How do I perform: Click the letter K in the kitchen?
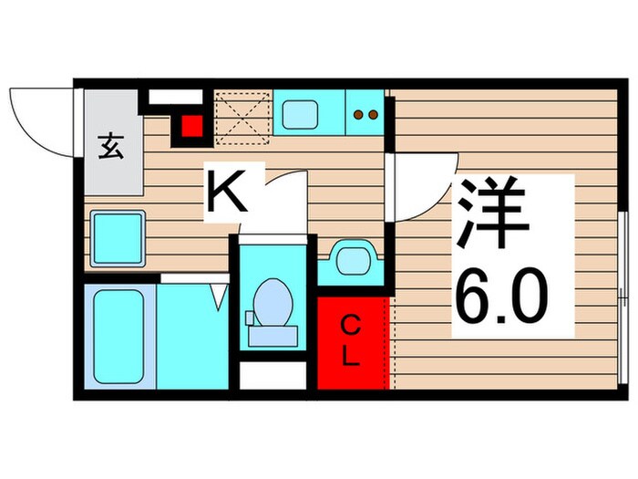pos(229,192)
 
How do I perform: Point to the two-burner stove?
pos(365,115)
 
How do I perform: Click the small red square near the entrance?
pos(191,127)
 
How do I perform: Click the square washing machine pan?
pos(118,236)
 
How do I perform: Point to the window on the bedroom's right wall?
pos(623,301)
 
